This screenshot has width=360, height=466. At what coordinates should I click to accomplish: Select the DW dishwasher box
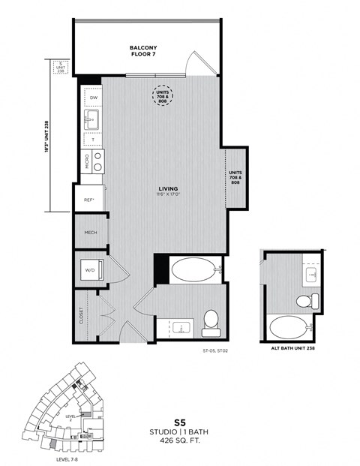click(94, 98)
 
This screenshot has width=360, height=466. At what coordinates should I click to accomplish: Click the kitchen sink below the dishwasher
click(94, 120)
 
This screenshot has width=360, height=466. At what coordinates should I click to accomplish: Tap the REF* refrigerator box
click(88, 200)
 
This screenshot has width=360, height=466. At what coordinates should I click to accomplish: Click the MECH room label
click(91, 233)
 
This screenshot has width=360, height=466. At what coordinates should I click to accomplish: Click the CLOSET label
click(81, 315)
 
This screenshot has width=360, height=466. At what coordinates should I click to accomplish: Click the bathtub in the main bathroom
click(193, 269)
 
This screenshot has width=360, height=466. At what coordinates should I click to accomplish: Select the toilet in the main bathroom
click(211, 320)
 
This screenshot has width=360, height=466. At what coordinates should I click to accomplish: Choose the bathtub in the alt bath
click(289, 327)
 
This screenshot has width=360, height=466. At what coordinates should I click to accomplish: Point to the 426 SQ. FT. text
click(179, 443)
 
